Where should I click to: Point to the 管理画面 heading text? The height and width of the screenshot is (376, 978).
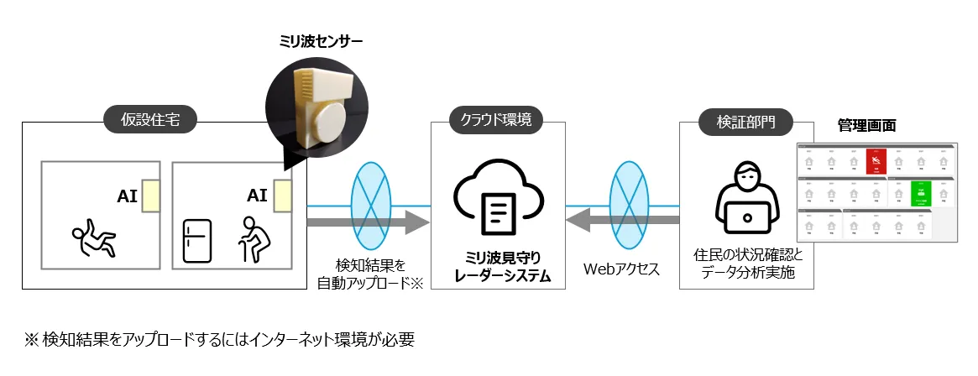866,125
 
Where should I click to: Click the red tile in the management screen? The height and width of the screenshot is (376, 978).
876,160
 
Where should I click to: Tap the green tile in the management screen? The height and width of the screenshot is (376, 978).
921,193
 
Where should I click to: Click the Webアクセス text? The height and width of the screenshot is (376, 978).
622,269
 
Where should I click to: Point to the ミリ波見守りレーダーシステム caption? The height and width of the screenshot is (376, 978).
498,264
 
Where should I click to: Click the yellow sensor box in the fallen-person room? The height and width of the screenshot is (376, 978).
150,196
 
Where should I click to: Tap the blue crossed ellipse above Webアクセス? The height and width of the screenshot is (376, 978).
627,191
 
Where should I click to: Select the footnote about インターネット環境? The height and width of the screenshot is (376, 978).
219,340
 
